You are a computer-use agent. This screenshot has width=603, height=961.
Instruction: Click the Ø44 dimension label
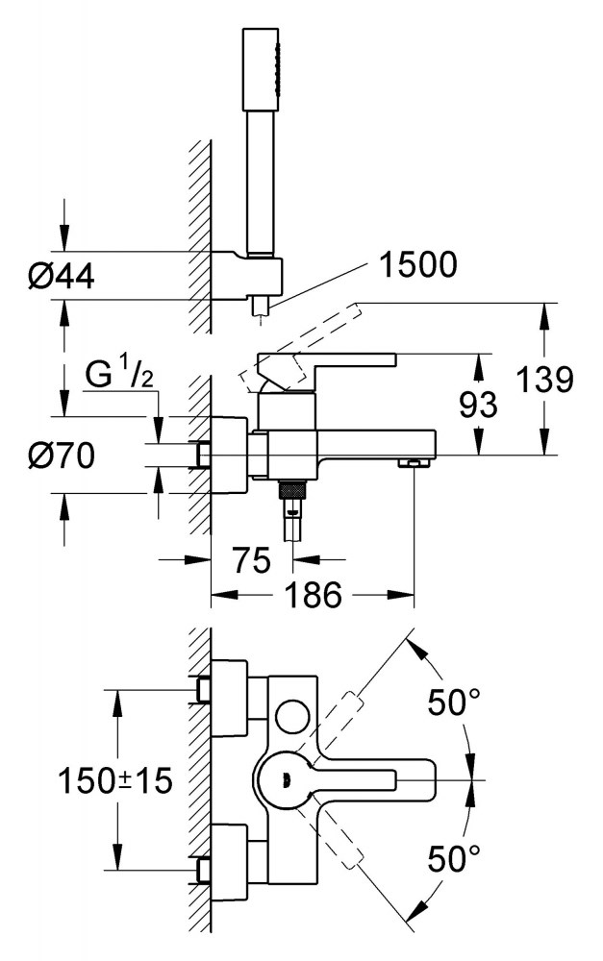61,277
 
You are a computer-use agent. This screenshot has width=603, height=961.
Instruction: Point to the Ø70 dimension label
61,455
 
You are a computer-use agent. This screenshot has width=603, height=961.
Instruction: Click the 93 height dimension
478,406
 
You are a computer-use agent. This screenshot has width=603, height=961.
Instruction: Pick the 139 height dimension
543,381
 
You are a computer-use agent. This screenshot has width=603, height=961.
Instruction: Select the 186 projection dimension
314,596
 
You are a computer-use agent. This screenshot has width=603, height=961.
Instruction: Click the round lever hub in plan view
284,779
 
